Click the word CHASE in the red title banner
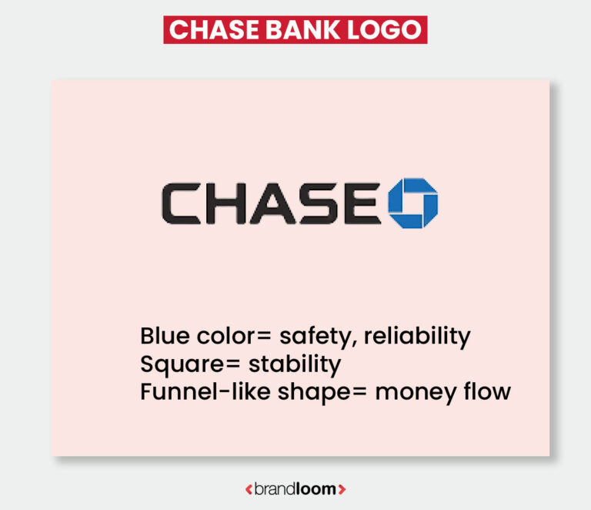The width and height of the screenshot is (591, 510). (206, 29)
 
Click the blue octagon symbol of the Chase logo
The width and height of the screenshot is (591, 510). (412, 203)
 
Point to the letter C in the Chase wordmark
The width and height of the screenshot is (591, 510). (182, 203)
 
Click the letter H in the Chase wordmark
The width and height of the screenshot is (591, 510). (226, 203)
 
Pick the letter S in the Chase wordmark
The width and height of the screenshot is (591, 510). (319, 203)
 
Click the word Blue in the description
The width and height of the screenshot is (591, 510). (163, 337)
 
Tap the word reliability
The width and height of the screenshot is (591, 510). (416, 337)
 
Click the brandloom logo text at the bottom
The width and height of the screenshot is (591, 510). (295, 489)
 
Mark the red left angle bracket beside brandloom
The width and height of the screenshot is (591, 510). (248, 489)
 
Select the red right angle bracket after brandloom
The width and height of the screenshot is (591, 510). (342, 489)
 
